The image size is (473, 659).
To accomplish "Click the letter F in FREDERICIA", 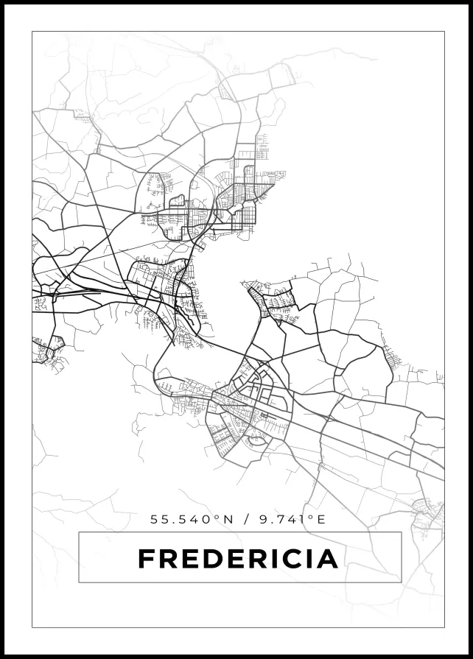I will (x=146, y=559).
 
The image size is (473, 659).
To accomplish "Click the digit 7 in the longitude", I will (x=278, y=519).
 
